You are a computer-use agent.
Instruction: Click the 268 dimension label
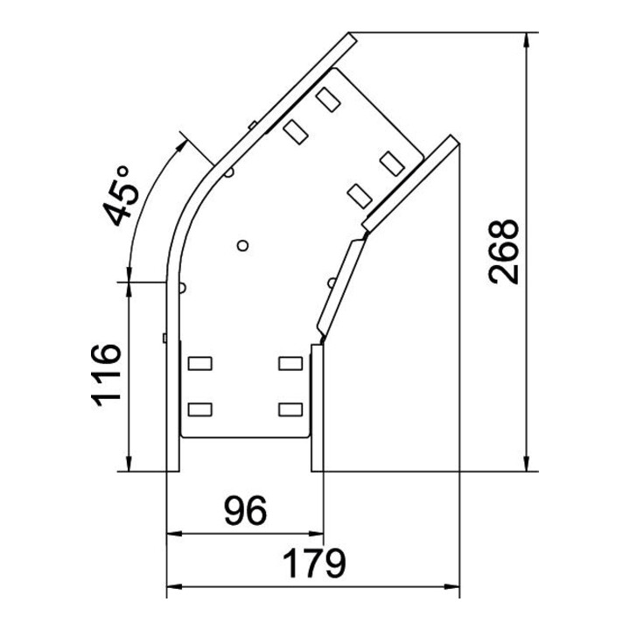tap(503, 252)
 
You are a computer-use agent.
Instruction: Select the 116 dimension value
tap(106, 374)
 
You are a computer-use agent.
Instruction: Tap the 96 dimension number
tap(246, 510)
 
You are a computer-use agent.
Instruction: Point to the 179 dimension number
tap(314, 563)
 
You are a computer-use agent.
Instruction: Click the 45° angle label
tap(121, 196)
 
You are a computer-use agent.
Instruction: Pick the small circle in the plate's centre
tap(242, 245)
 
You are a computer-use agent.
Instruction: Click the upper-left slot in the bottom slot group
tap(200, 363)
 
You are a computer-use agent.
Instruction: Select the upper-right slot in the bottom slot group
tap(290, 363)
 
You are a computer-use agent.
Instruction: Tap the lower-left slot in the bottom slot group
tap(200, 409)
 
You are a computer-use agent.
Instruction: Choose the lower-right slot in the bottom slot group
tap(290, 409)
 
